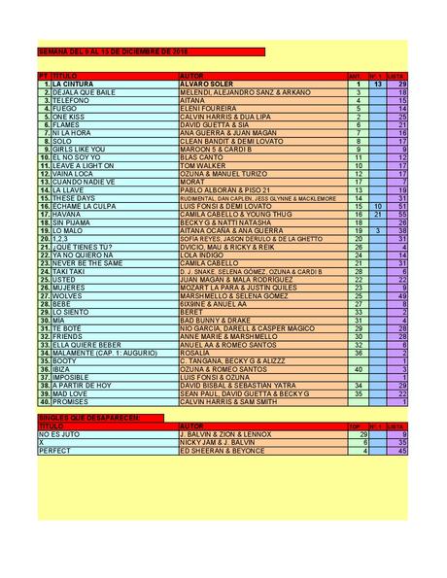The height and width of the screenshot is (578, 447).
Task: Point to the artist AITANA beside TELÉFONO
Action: point(193,100)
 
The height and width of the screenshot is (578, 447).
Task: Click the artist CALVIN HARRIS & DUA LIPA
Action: point(221,117)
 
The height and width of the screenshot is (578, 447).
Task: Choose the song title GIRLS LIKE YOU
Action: point(79,149)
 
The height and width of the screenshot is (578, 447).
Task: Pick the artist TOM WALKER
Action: point(201,165)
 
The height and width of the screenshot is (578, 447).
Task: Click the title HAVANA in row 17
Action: point(65,214)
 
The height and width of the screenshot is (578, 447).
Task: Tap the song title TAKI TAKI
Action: point(69,270)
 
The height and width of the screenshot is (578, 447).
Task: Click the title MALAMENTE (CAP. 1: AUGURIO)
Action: point(96,352)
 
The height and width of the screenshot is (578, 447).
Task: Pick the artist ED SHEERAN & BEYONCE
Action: point(222,450)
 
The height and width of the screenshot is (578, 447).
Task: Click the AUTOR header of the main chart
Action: point(192,75)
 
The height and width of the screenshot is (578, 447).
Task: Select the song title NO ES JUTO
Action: point(57,433)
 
